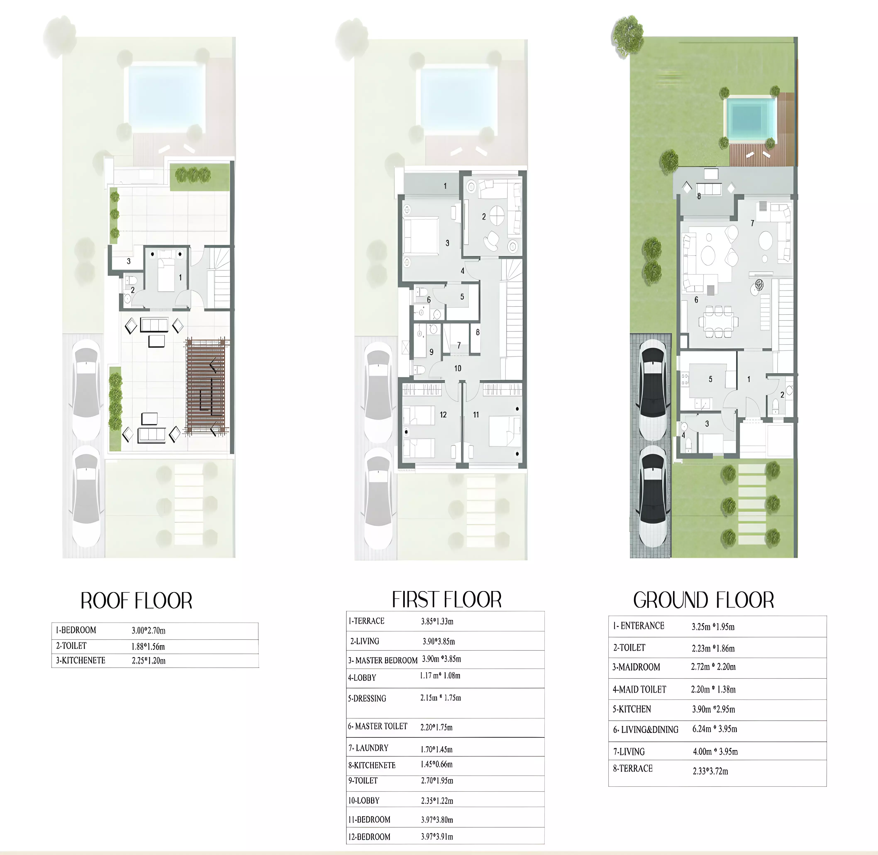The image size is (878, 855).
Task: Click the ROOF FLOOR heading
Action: (x=137, y=601)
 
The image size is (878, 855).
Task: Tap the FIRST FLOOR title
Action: (x=447, y=600)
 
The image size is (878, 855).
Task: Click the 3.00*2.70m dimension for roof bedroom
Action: (x=149, y=630)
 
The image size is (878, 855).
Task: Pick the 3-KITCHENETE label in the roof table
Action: (x=81, y=661)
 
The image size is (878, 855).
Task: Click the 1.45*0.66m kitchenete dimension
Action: (x=436, y=764)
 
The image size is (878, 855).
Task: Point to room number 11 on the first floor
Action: (x=476, y=414)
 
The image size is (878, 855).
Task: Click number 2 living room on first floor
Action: (x=484, y=216)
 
